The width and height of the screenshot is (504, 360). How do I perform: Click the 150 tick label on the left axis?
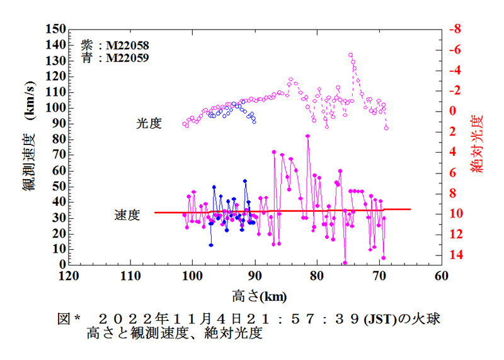pyautogui.click(x=55, y=30)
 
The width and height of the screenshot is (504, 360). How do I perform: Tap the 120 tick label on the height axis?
pyautogui.click(x=68, y=276)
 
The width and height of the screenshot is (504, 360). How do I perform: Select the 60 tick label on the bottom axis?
pyautogui.click(x=441, y=276)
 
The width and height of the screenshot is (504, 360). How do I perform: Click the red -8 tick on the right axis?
pyautogui.click(x=455, y=29)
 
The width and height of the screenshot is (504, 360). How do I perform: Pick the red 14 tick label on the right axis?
pyautogui.click(x=455, y=255)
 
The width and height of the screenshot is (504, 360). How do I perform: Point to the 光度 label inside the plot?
pyautogui.click(x=149, y=124)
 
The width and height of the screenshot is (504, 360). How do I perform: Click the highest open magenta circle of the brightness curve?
pyautogui.click(x=350, y=55)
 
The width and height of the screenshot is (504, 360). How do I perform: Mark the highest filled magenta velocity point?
pyautogui.click(x=307, y=136)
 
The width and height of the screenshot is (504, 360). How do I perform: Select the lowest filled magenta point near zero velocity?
pyautogui.click(x=345, y=263)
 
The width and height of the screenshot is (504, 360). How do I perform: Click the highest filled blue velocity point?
pyautogui.click(x=245, y=181)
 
